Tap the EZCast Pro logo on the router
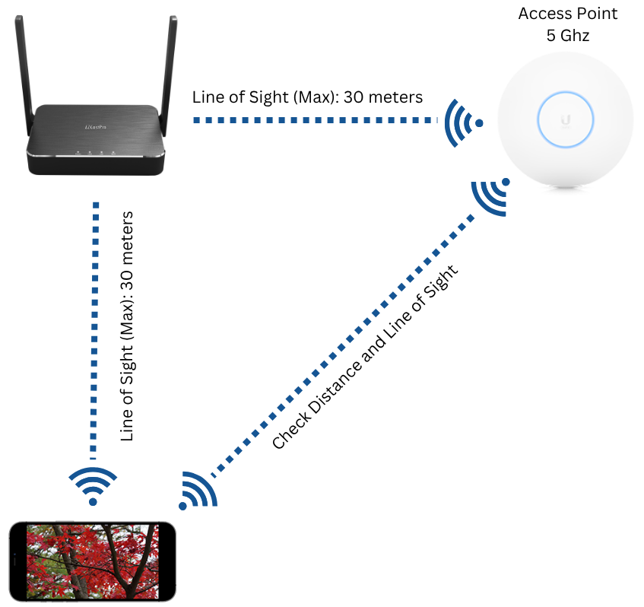coord(95,127)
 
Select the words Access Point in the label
coord(568,14)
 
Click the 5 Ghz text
coord(568,35)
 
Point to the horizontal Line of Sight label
coord(307,97)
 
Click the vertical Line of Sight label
coord(127,326)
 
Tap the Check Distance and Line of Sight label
coord(365,357)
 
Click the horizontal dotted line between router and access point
coord(316,120)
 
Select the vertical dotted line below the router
coord(95,330)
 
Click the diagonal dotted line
coord(343,345)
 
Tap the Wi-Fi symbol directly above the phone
coord(93,486)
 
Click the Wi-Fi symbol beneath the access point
coord(491,197)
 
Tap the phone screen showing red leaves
coord(93,561)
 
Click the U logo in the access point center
coord(566,120)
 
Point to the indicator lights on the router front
coord(95,152)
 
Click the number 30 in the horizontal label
coord(354,97)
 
